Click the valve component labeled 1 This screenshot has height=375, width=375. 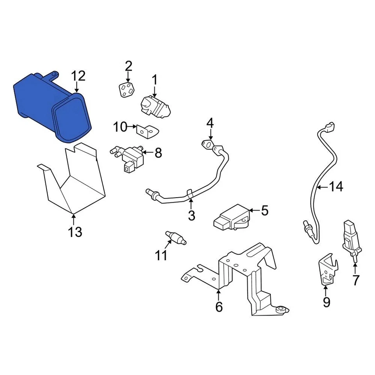[155, 107]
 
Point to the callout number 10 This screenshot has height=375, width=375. [120, 127]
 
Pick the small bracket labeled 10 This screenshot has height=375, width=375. [147, 131]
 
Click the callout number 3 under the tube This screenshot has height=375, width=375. [191, 215]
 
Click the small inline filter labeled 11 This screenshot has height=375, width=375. [175, 237]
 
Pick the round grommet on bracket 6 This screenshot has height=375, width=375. [280, 310]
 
